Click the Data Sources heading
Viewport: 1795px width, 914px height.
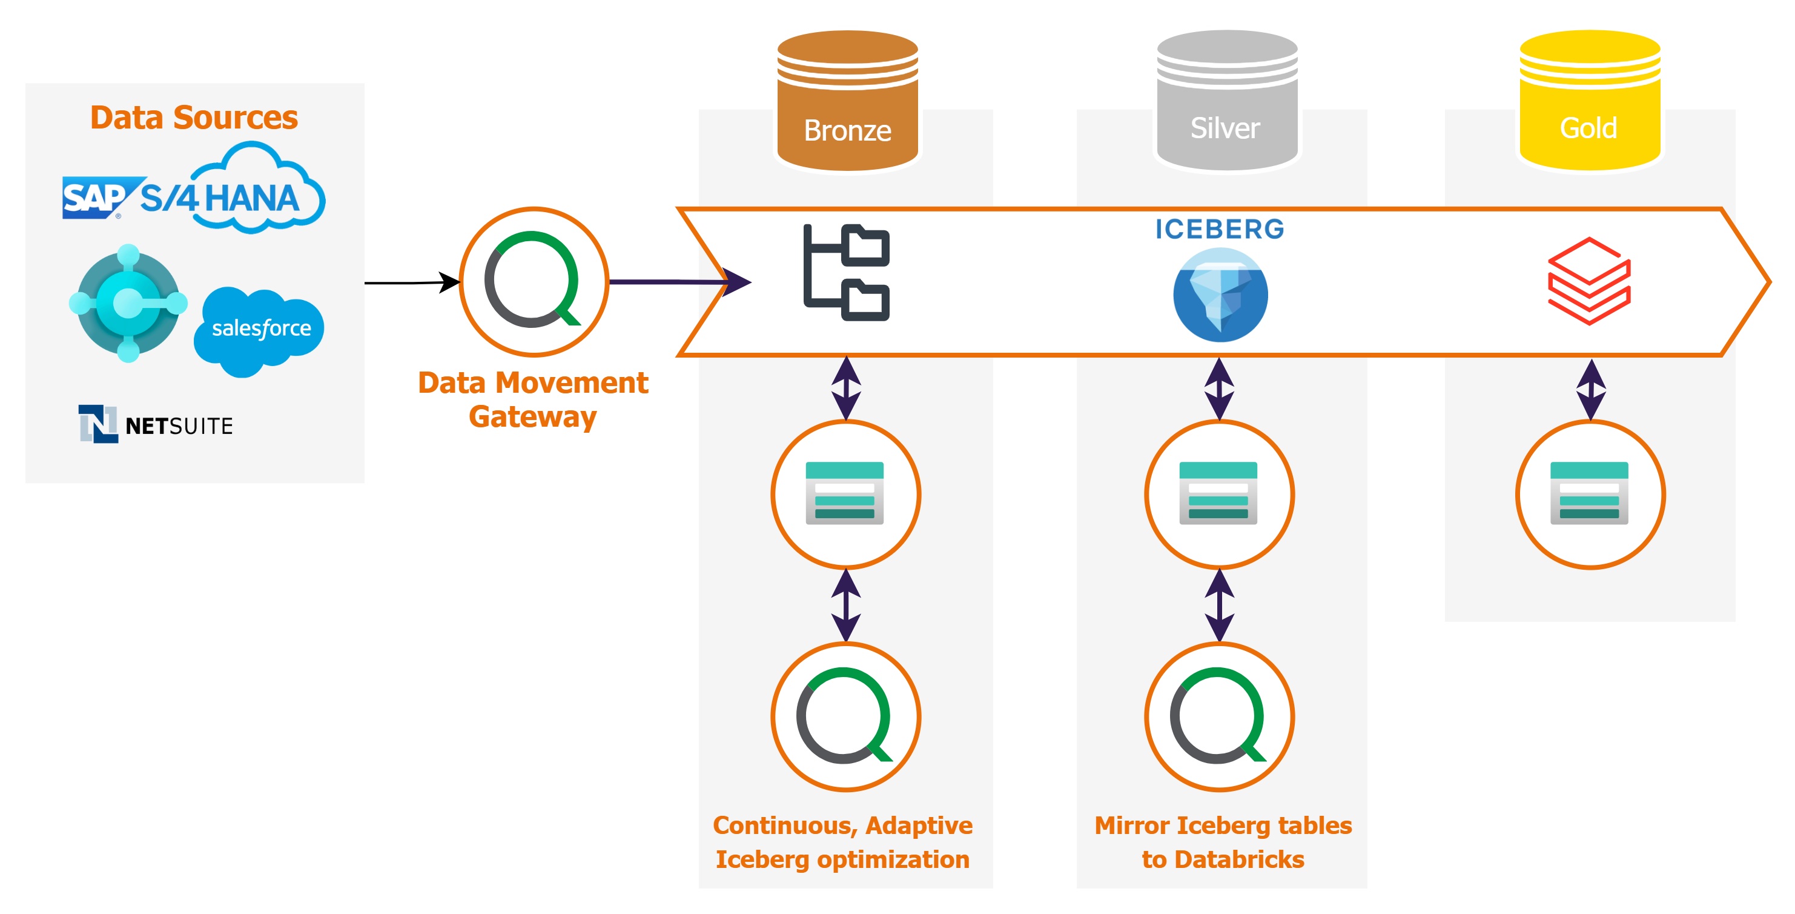click(194, 117)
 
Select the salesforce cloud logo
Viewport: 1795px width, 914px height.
click(259, 329)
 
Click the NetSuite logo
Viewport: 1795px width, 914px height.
click(156, 425)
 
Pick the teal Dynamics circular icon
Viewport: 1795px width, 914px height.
click(128, 303)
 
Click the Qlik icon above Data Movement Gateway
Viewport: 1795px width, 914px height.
click(534, 282)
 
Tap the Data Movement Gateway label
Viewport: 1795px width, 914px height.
click(533, 399)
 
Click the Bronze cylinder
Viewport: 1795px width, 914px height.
click(847, 101)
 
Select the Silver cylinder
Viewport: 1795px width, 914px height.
click(1226, 101)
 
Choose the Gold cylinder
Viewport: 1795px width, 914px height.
click(1590, 101)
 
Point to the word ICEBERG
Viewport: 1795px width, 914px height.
click(1220, 229)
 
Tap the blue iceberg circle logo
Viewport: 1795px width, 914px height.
click(1220, 296)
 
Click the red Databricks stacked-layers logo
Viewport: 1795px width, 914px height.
click(1588, 281)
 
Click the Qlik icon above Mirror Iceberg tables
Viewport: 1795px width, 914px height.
click(1218, 716)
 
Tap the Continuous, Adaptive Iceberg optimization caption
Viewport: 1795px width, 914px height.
click(842, 842)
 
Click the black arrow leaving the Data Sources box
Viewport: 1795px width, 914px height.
click(411, 282)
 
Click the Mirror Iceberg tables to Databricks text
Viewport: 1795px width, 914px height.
click(1223, 842)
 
